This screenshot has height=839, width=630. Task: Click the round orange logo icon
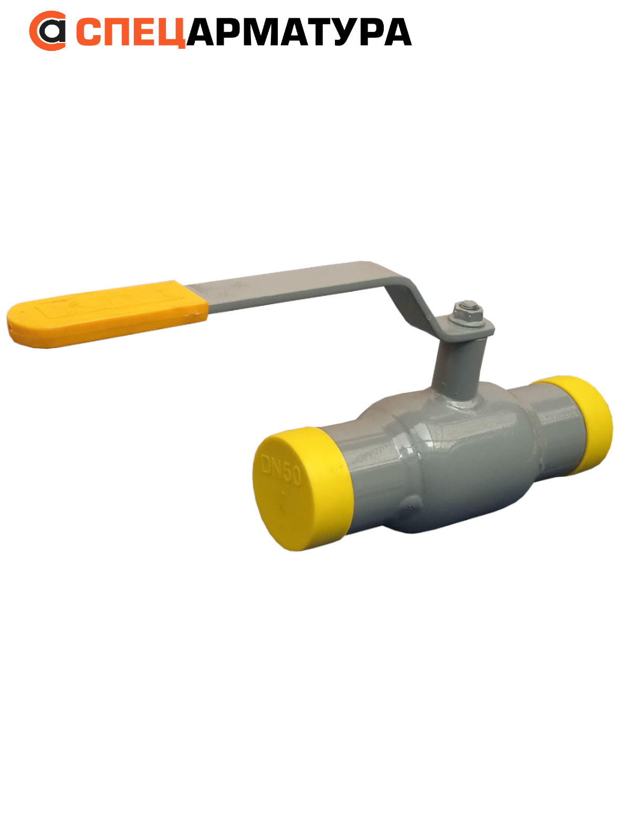47,30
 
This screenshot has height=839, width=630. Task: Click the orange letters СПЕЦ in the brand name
131,32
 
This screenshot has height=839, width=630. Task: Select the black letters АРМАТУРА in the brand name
299,32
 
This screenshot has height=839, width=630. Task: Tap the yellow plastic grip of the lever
107,315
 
